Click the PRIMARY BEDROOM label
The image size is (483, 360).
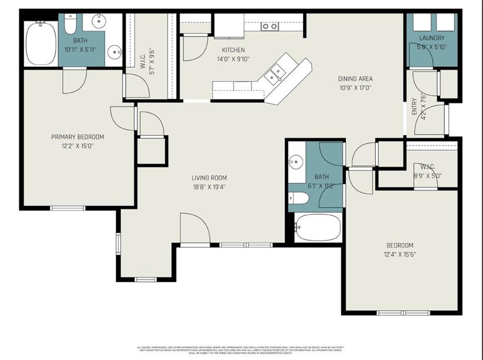coord(77,137)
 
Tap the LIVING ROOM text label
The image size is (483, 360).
coord(209,178)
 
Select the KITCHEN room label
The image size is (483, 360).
coord(233,50)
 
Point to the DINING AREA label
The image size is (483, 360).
coord(355,79)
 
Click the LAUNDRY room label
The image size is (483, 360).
coord(432,38)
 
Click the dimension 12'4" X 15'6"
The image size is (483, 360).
coord(400,254)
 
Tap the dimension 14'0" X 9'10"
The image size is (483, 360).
coord(233,59)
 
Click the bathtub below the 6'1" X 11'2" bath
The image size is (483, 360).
coord(317,228)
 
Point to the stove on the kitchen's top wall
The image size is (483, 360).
coord(269,26)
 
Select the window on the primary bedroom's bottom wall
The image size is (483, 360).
coord(67,208)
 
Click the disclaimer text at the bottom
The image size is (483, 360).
coord(241,350)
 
